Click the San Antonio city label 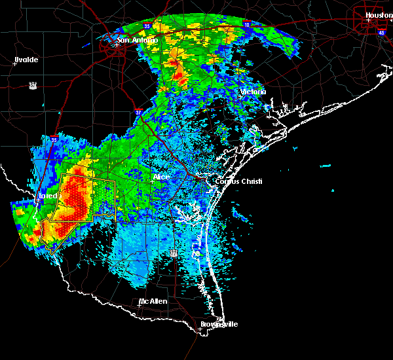click(x=137, y=40)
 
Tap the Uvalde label click(x=26, y=60)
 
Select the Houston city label click(x=379, y=14)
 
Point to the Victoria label click(x=253, y=92)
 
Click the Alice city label click(x=161, y=177)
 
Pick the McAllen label click(x=152, y=301)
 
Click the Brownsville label click(x=219, y=324)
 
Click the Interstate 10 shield click(x=247, y=25)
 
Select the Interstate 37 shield click(x=138, y=111)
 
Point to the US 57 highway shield click(x=33, y=84)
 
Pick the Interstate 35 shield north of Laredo click(x=54, y=139)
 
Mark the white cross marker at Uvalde click(x=14, y=63)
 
